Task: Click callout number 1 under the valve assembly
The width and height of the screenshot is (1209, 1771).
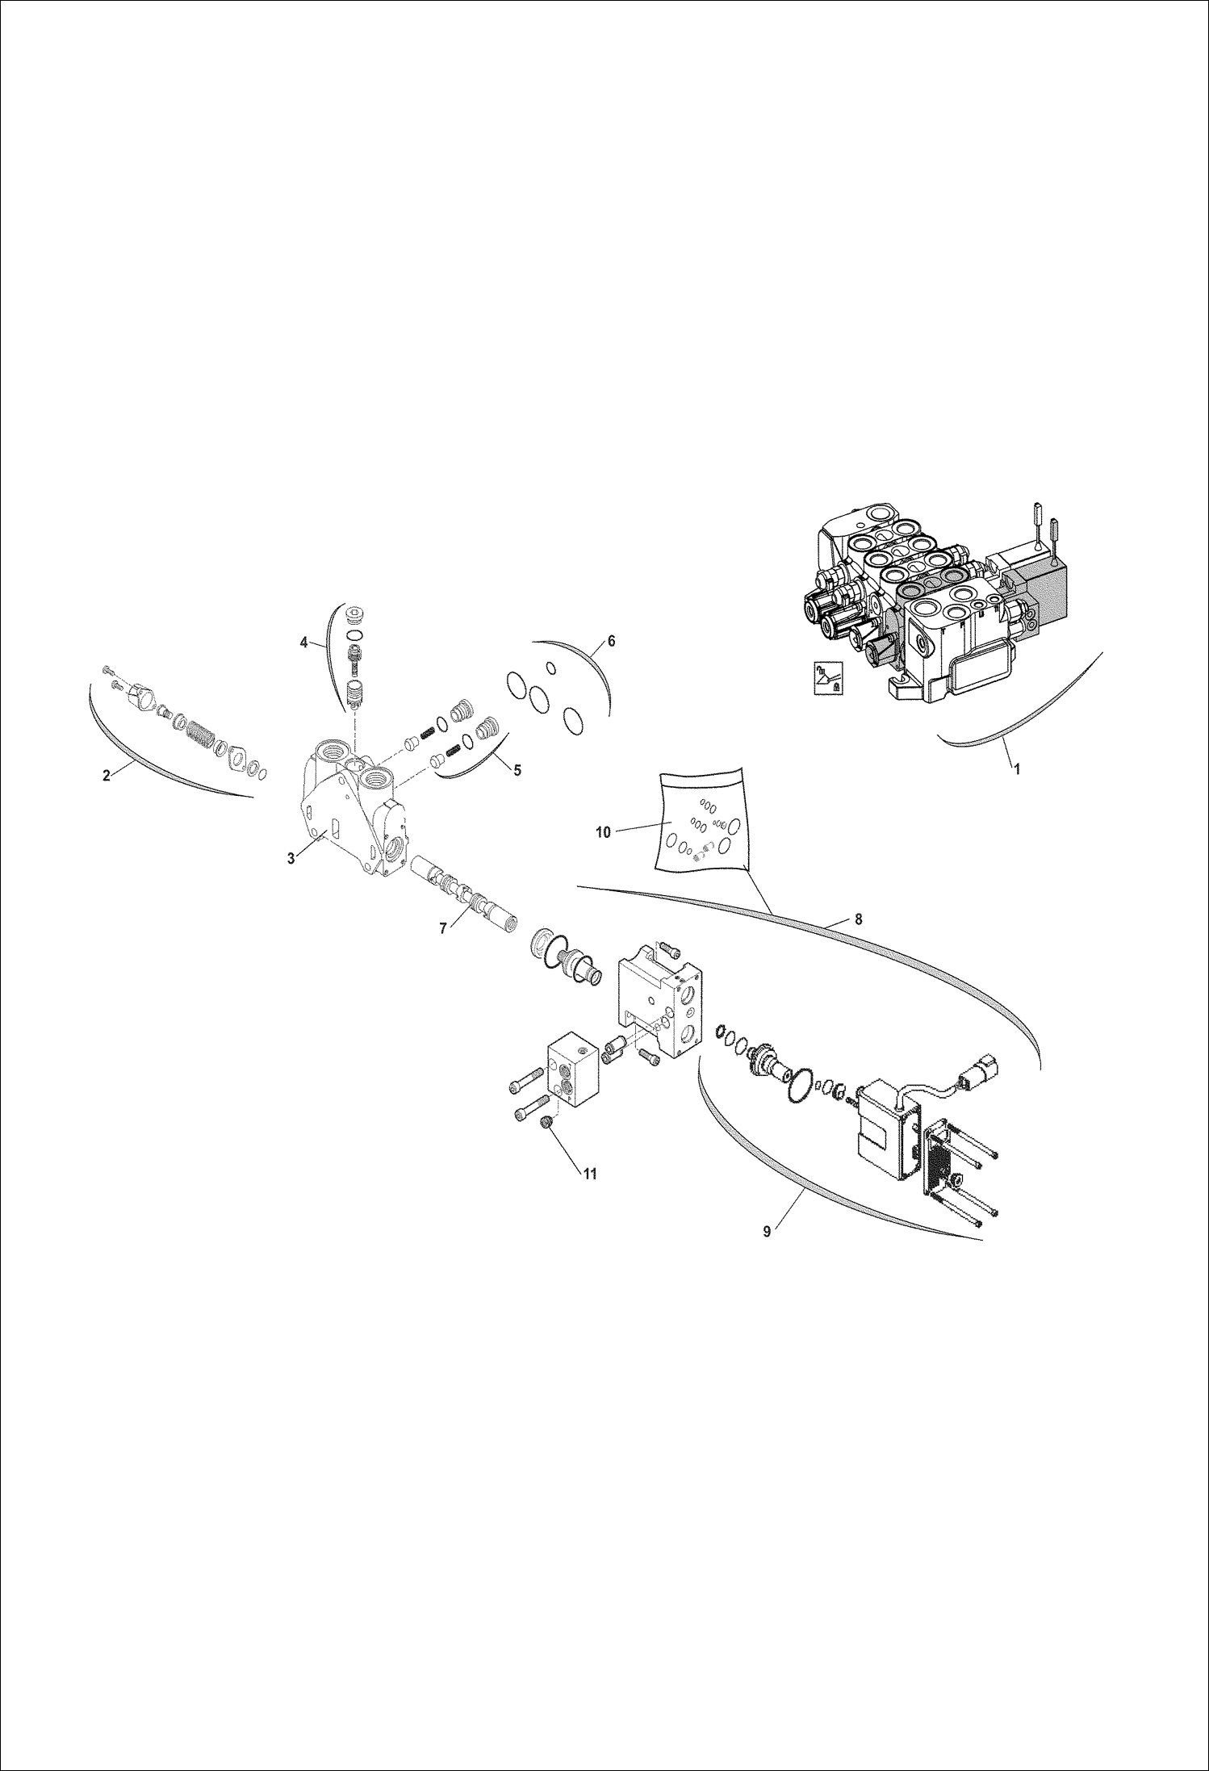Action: pos(1017,769)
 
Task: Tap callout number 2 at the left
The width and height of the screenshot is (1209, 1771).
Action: pos(107,776)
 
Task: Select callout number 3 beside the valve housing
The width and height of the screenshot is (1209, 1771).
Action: pos(291,858)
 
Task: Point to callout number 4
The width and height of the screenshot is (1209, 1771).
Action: pos(303,643)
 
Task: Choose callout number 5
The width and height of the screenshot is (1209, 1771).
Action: pos(517,770)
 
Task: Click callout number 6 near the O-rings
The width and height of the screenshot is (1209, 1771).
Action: pos(611,641)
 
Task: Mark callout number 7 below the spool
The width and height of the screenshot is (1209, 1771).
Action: pos(443,929)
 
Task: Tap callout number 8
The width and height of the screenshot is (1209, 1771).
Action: pos(858,919)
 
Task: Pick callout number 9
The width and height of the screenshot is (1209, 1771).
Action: pos(766,1232)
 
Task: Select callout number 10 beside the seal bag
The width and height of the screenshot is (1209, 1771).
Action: pos(604,833)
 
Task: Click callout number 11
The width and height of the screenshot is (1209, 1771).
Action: pos(590,1174)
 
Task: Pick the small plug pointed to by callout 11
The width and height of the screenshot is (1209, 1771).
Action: pos(548,1121)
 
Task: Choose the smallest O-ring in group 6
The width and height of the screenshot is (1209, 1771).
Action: pos(550,667)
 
